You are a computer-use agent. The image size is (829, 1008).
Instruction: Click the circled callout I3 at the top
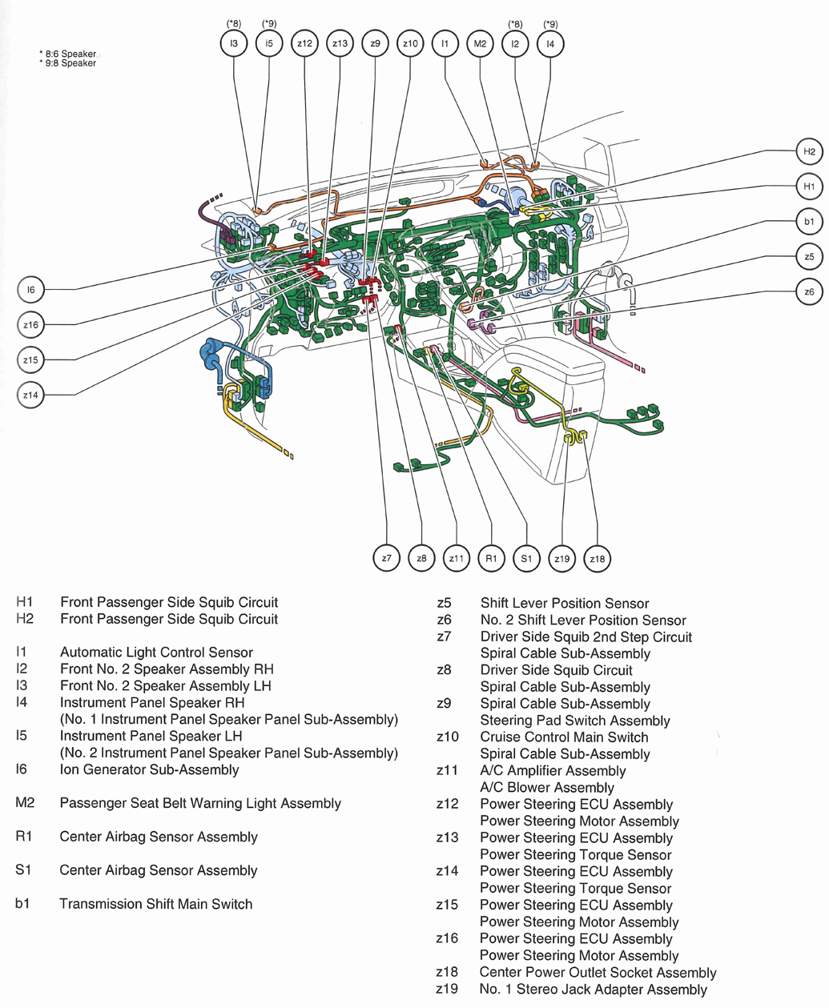pos(234,43)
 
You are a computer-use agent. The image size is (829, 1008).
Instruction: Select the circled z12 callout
pos(304,43)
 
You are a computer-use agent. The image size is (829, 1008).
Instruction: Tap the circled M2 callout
pos(480,43)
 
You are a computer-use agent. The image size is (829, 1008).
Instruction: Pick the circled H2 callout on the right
pos(809,151)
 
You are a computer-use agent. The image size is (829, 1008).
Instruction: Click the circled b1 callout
pos(809,222)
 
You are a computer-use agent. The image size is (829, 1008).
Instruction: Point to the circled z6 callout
pos(809,292)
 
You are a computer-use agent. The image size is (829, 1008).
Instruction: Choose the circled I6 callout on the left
pos(30,290)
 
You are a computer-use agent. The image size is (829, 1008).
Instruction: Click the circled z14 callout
pos(30,395)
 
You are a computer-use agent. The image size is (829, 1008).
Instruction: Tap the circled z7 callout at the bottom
pos(386,558)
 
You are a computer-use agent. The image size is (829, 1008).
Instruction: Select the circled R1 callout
pos(491,558)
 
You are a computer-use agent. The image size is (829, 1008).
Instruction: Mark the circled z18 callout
pos(597,558)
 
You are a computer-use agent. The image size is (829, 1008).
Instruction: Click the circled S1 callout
pos(526,558)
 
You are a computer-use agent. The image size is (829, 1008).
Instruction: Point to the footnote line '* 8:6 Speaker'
pos(68,54)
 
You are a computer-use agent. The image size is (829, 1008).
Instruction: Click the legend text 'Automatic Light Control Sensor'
pos(156,653)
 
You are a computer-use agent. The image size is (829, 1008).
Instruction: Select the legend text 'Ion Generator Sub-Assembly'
pos(149,769)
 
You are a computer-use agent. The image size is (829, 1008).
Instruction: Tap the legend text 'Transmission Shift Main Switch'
pos(155,904)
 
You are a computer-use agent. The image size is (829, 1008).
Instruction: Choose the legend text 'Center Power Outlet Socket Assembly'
pos(598,972)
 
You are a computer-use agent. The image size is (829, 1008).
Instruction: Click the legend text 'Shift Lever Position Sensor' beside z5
pos(564,603)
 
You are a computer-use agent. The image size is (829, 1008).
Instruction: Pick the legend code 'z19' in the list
pos(447,989)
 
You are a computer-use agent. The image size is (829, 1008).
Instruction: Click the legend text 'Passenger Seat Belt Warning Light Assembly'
pos(200,803)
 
